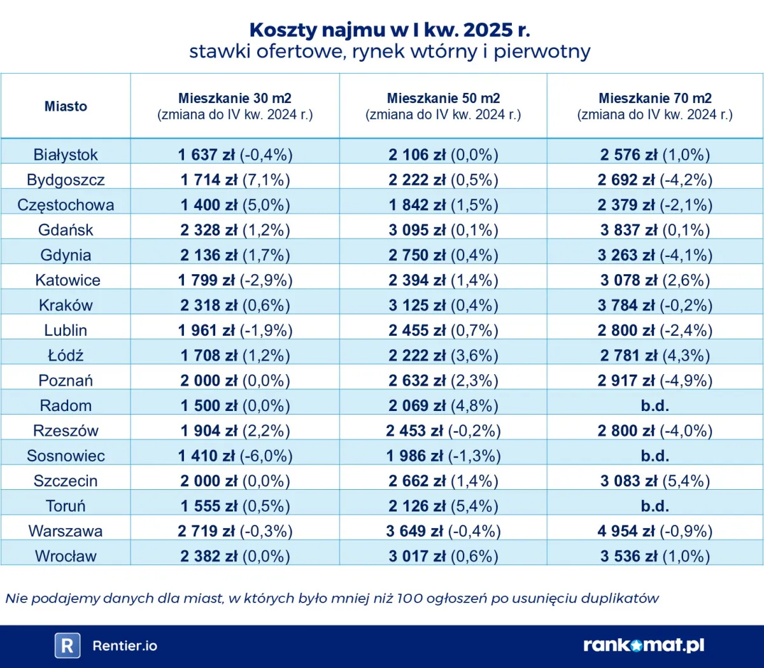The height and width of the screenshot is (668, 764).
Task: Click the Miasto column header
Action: [66, 106]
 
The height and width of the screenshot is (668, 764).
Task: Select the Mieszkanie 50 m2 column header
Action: [443, 106]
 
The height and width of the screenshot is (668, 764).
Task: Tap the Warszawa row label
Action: [66, 531]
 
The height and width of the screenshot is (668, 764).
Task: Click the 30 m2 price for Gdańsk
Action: [235, 230]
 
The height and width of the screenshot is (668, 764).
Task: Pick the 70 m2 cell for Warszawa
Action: [654, 531]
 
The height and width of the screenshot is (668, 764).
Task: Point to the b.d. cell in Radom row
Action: [654, 405]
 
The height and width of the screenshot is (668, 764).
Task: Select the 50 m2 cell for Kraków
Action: [443, 305]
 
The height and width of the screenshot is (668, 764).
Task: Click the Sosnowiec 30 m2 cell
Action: [235, 456]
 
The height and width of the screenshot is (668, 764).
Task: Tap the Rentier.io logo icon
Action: [67, 645]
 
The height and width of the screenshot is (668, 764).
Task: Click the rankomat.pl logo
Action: [644, 645]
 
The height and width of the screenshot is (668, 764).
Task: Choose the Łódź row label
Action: [66, 355]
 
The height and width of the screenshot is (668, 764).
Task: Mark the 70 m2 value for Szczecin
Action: [654, 480]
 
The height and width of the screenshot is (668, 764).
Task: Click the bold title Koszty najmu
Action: [390, 30]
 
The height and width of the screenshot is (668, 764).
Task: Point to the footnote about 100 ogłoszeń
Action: [332, 598]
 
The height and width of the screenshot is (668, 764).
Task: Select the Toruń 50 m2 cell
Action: [443, 506]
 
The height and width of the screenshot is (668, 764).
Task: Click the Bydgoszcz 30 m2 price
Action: [235, 179]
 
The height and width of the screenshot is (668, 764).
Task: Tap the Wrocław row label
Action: [66, 556]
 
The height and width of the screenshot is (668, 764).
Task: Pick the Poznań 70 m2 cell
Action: [654, 380]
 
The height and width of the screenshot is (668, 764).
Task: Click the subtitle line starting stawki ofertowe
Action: [390, 52]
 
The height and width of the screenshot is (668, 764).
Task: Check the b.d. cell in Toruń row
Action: [654, 506]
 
